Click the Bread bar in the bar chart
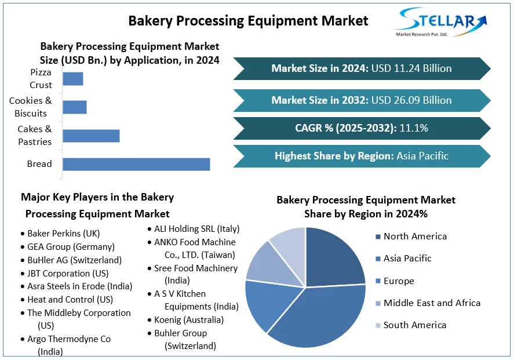click(136, 164)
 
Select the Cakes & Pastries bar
click(91, 136)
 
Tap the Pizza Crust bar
click(73, 79)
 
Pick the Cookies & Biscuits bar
click(75, 107)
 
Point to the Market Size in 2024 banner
click(362, 68)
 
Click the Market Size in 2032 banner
click(362, 100)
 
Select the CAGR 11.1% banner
click(362, 128)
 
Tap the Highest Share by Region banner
click(362, 156)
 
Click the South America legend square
click(378, 325)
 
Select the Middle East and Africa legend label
click(432, 303)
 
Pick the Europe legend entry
click(399, 281)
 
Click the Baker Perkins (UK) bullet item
click(64, 234)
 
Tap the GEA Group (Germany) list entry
click(71, 246)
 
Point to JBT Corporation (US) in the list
click(68, 273)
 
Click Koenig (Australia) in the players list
click(189, 320)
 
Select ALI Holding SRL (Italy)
click(196, 229)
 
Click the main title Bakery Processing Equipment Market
click(248, 21)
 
